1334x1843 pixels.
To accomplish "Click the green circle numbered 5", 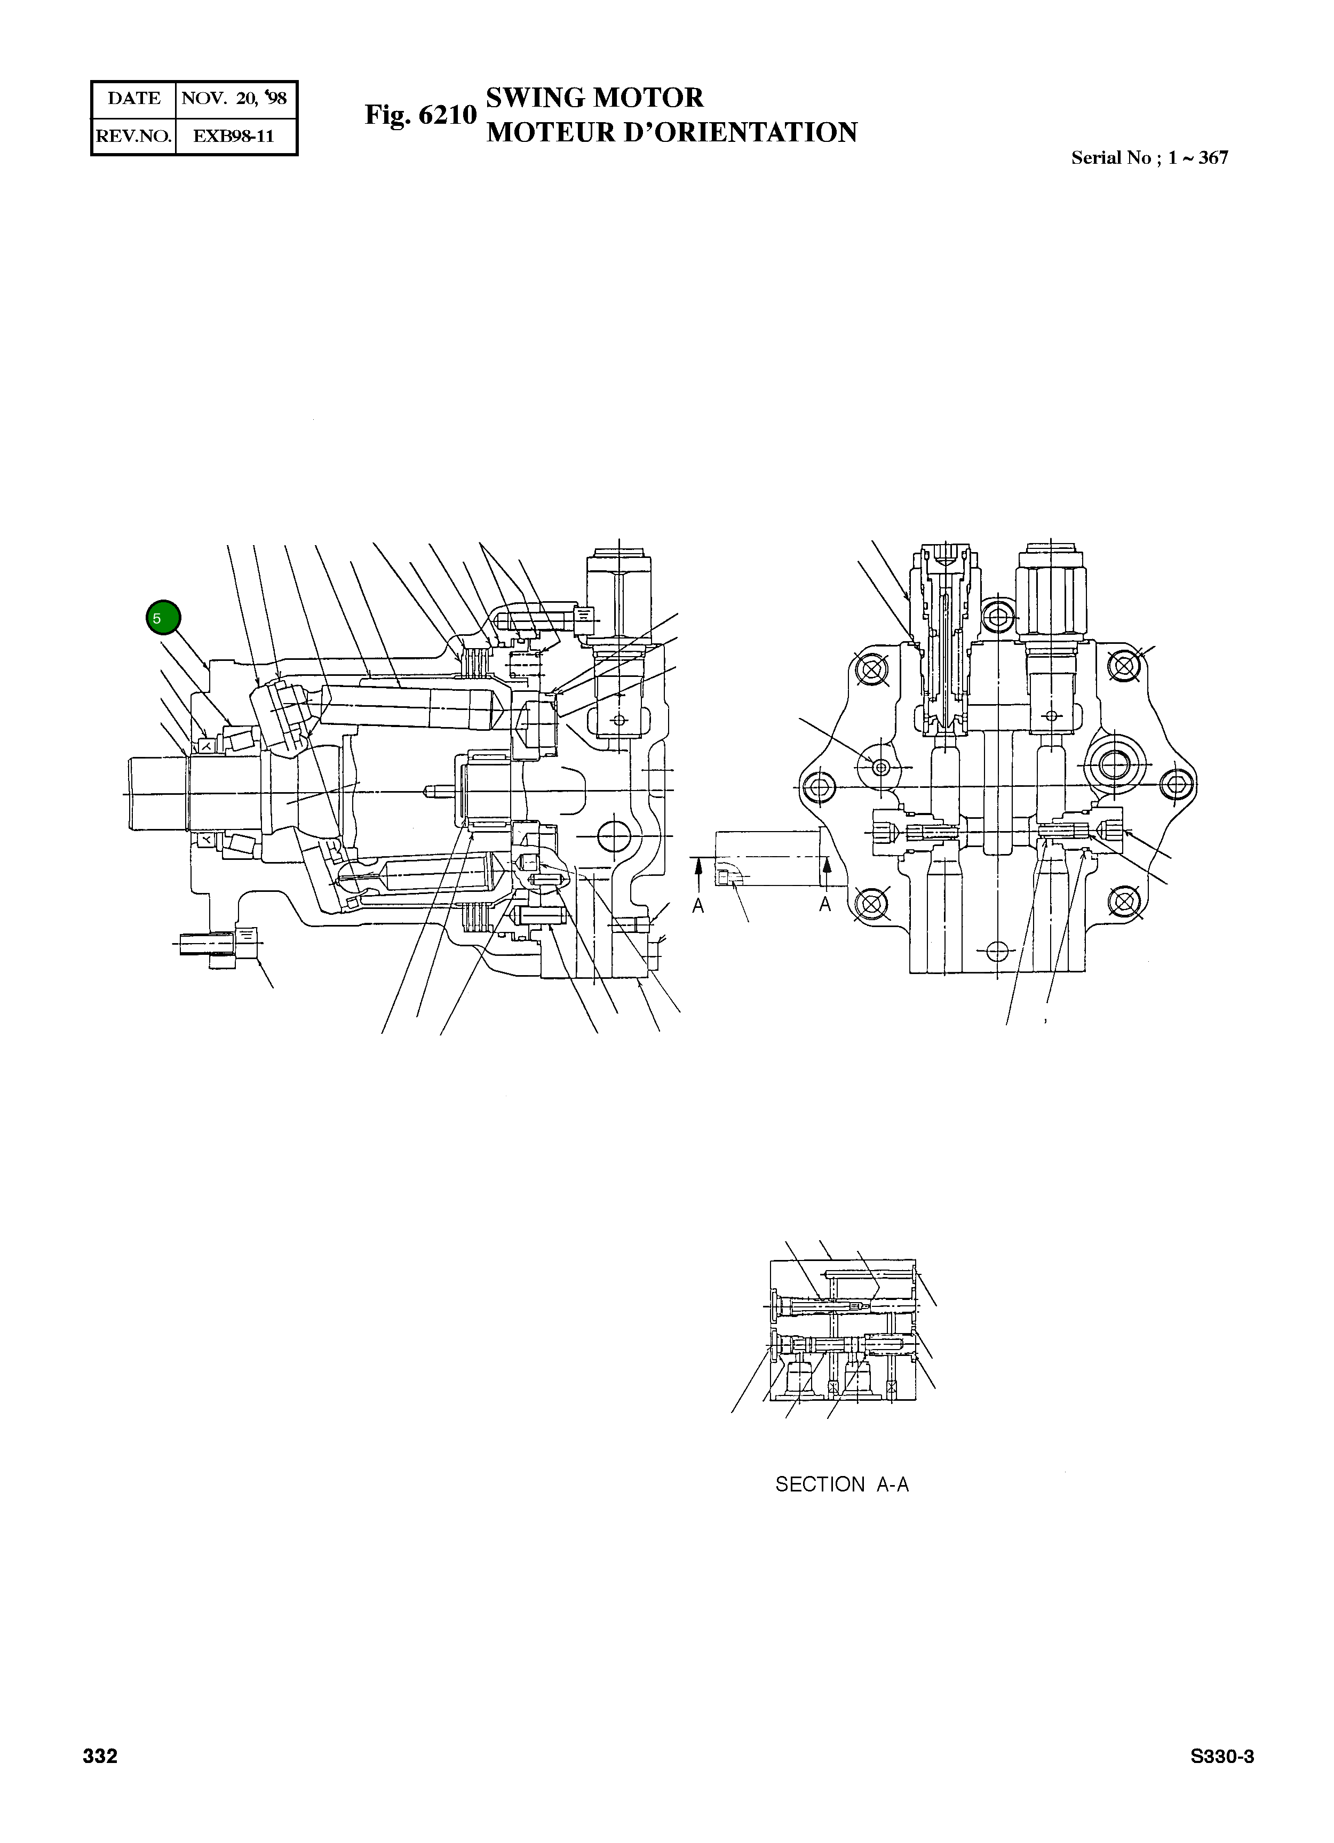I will (163, 618).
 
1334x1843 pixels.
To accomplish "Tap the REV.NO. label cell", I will (133, 137).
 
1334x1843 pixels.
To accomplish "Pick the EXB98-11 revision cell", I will (234, 137).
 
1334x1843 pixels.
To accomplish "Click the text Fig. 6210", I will (419, 115).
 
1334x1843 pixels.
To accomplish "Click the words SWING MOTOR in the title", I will (594, 98).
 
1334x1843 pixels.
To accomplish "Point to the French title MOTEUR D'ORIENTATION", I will (671, 132).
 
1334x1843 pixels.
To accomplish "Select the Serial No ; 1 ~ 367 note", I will (1149, 158).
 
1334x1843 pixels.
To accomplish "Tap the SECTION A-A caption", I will (841, 1485).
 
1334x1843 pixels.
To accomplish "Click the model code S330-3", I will (1222, 1757).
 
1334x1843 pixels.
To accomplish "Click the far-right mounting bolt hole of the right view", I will (1176, 785).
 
